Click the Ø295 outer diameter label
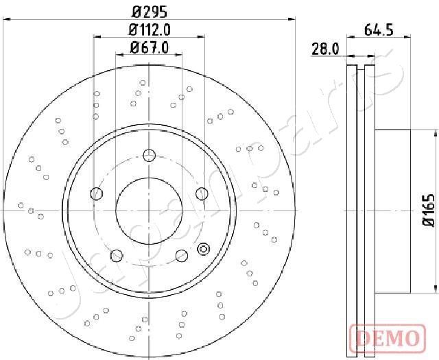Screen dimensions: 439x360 (150, 12)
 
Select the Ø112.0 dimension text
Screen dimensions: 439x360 (150, 29)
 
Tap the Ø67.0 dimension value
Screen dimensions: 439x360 (150, 48)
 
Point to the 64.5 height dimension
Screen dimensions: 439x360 (379, 29)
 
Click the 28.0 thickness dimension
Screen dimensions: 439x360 (325, 49)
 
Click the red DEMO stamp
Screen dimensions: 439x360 (388, 337)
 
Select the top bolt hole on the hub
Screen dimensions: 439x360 (150, 156)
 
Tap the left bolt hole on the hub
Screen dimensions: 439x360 (96, 194)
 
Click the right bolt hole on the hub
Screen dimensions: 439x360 (202, 194)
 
